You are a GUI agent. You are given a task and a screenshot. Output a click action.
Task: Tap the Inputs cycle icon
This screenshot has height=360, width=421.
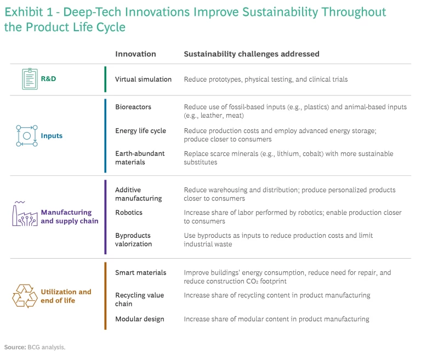(26, 135)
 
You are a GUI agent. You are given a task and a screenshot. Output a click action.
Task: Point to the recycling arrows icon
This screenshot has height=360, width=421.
(25, 296)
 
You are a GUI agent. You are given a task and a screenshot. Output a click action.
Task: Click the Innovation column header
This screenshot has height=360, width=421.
(135, 54)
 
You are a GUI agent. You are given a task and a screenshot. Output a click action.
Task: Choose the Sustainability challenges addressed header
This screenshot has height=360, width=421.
(252, 54)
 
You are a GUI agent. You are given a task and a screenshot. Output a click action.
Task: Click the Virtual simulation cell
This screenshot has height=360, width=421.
(143, 79)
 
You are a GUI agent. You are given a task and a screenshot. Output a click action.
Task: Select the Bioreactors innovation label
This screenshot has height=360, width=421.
(133, 107)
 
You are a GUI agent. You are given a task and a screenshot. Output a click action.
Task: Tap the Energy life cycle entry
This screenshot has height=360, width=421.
(140, 131)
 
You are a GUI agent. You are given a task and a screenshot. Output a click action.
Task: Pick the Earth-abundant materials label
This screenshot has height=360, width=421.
(140, 158)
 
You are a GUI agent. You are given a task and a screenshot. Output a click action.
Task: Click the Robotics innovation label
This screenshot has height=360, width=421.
(129, 213)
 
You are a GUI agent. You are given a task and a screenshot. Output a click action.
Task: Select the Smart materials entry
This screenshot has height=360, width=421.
(140, 272)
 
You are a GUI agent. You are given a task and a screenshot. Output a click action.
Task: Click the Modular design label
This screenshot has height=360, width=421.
(139, 319)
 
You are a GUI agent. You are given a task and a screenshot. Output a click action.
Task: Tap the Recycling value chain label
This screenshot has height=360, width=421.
(139, 300)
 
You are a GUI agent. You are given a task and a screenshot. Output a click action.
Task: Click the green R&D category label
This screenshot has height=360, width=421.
(48, 79)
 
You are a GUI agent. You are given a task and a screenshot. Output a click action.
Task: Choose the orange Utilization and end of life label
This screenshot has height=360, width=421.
(66, 296)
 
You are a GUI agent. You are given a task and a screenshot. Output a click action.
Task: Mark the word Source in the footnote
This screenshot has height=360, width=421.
(14, 347)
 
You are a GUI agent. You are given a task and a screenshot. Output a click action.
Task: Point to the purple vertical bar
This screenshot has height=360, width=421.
(105, 217)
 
